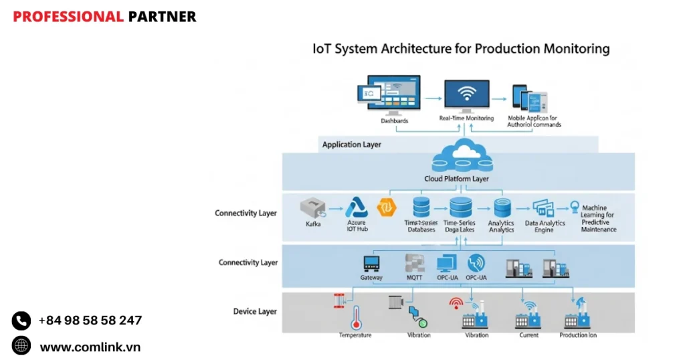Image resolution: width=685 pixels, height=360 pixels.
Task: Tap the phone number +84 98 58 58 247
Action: (90, 321)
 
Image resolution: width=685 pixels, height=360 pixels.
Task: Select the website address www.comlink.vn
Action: (90, 347)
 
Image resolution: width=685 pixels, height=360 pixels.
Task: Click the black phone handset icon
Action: (21, 321)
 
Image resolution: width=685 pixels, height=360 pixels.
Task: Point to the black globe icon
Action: (21, 346)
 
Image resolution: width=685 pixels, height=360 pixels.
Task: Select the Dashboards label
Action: (394, 121)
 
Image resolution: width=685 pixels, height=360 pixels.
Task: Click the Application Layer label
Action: (351, 145)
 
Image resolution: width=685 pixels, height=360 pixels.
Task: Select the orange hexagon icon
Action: (387, 207)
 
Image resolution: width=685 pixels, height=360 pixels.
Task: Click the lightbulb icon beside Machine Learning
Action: (573, 207)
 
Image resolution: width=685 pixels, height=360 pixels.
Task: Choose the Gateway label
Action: (371, 278)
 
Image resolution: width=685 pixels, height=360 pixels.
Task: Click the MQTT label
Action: (414, 278)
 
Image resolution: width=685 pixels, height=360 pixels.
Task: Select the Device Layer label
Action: (255, 311)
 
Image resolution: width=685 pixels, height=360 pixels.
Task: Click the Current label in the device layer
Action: (528, 335)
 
